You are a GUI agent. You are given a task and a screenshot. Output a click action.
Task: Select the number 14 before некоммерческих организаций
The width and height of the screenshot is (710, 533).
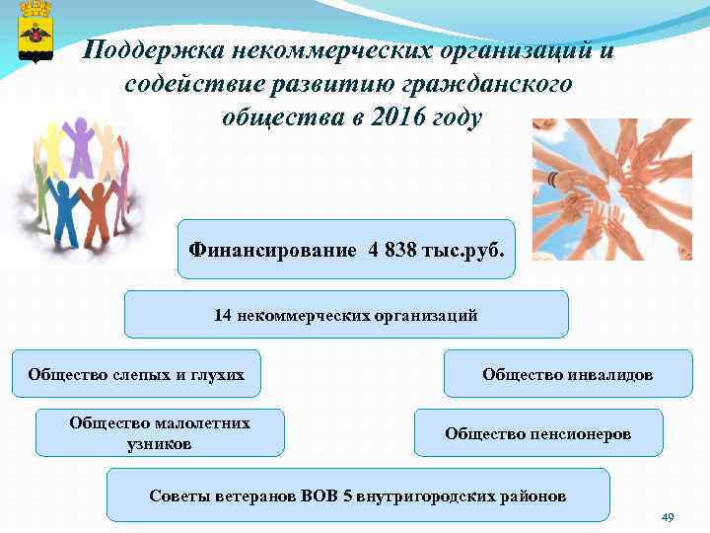click(x=222, y=316)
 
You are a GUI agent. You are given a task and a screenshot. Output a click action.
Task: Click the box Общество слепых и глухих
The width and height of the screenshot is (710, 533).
click(x=136, y=374)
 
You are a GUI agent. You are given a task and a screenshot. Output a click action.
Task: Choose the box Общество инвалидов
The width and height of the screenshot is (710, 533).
click(x=567, y=374)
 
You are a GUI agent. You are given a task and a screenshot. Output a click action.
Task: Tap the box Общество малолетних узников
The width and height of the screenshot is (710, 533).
click(x=160, y=432)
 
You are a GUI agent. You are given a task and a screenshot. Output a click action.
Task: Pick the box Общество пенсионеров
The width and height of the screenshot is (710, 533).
click(x=537, y=433)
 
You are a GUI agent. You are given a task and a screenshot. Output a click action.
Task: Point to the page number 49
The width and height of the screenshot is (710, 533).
click(x=668, y=518)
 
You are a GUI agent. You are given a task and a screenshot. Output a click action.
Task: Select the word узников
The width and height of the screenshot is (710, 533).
click(x=160, y=443)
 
